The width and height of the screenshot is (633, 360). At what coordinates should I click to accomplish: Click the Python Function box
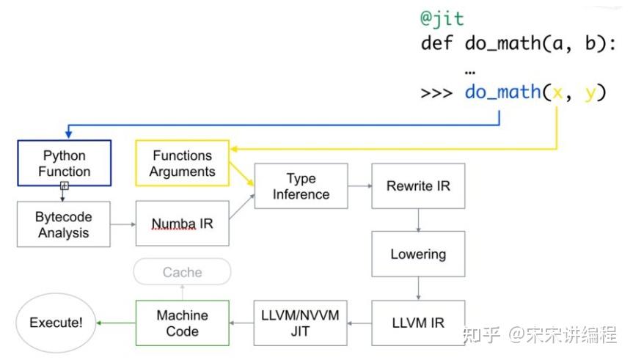pyautogui.click(x=64, y=163)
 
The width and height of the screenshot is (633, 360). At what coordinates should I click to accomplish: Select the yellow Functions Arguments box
pyautogui.click(x=183, y=163)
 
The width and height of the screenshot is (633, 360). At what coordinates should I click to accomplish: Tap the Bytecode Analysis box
pyautogui.click(x=63, y=224)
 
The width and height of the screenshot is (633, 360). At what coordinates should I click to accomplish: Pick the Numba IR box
pyautogui.click(x=183, y=224)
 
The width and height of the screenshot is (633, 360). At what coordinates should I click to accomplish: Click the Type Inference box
pyautogui.click(x=301, y=186)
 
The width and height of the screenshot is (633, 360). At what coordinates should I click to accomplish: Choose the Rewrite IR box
pyautogui.click(x=418, y=185)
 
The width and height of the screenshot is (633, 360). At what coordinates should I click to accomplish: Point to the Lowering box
pyautogui.click(x=418, y=254)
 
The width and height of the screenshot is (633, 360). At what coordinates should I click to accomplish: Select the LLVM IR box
pyautogui.click(x=418, y=323)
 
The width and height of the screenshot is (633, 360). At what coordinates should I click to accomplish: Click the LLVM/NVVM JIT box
pyautogui.click(x=301, y=323)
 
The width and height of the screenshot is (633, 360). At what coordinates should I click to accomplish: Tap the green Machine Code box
pyautogui.click(x=182, y=323)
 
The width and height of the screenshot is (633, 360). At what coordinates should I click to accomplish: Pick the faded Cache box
pyautogui.click(x=182, y=272)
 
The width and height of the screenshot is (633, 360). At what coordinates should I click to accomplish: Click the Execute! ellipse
pyautogui.click(x=56, y=323)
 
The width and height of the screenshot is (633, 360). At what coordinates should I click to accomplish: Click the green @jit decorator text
pyautogui.click(x=442, y=18)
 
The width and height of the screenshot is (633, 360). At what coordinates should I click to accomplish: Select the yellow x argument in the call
pyautogui.click(x=557, y=93)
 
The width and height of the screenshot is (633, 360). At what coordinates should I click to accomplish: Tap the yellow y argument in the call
pyautogui.click(x=590, y=93)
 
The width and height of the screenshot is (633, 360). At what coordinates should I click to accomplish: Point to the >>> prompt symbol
pyautogui.click(x=437, y=93)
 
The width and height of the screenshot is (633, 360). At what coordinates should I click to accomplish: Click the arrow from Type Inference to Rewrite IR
pyautogui.click(x=359, y=186)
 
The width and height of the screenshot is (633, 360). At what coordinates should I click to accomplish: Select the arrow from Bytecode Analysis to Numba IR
pyautogui.click(x=122, y=224)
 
